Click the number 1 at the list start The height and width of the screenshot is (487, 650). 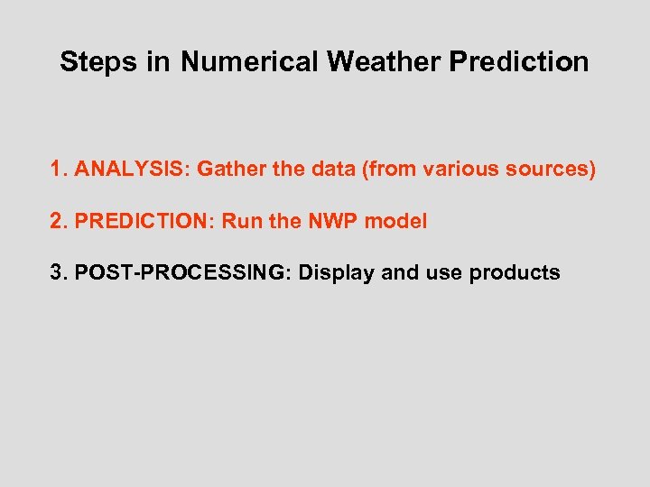coord(58,169)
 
